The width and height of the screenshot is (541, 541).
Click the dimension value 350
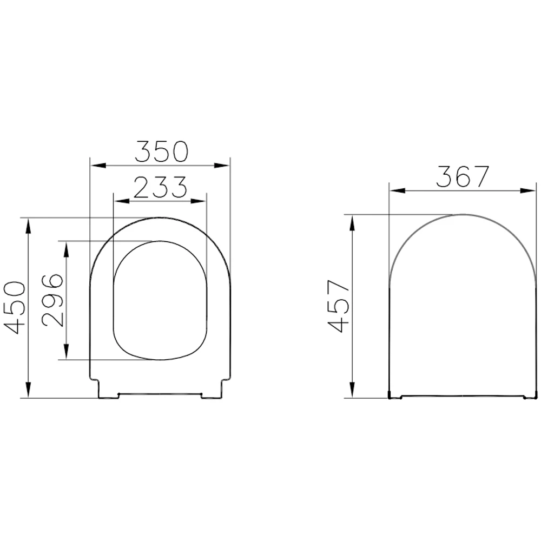pyautogui.click(x=161, y=151)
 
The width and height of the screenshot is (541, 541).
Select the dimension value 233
pyautogui.click(x=160, y=188)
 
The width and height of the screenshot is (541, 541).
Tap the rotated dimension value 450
pyautogui.click(x=15, y=307)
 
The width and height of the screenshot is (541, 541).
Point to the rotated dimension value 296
pyautogui.click(x=52, y=300)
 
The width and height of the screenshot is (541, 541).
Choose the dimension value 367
pyautogui.click(x=463, y=177)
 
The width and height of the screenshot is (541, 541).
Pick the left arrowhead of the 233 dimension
pyautogui.click(x=118, y=201)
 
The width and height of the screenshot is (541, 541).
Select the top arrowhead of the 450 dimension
pyautogui.click(x=27, y=225)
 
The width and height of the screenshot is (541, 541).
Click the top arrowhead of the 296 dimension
pyautogui.click(x=66, y=248)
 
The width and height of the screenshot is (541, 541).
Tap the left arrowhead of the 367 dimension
pyautogui.click(x=396, y=190)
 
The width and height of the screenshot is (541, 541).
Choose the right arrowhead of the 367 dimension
pyautogui.click(x=529, y=190)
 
